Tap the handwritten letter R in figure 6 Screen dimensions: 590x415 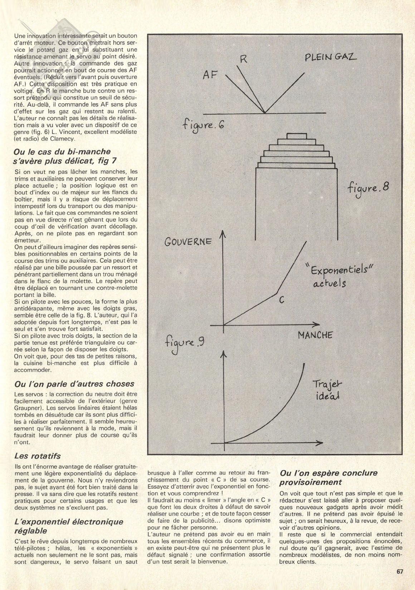(x=244, y=59)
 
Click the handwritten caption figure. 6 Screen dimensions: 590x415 (x=203, y=125)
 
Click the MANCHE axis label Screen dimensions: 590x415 (x=315, y=335)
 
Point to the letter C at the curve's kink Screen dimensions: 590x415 (x=282, y=300)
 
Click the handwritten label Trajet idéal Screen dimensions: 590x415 (x=327, y=390)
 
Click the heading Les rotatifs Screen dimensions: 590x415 (x=38, y=456)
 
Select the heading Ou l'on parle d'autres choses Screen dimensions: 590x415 (x=74, y=384)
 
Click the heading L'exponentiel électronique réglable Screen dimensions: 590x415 (x=68, y=527)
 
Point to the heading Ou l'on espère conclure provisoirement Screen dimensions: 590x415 (x=328, y=477)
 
